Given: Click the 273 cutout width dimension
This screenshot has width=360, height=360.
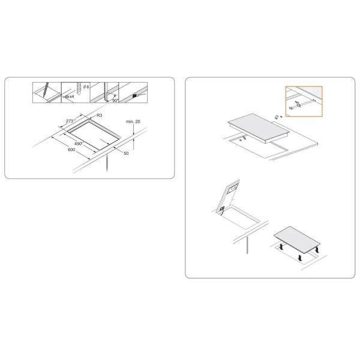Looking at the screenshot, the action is (x=70, y=121).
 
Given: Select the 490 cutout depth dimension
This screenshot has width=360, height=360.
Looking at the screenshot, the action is (x=78, y=144).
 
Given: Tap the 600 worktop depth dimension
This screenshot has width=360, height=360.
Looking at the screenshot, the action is (x=71, y=149).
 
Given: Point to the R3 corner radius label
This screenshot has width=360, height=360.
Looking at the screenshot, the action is (x=99, y=115).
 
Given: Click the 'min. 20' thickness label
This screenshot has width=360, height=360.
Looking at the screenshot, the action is (x=133, y=121).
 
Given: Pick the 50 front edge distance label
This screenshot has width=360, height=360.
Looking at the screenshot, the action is (x=126, y=154).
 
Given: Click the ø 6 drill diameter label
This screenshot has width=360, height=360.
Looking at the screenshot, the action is (x=86, y=87).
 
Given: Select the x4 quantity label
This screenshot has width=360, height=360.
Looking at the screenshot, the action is (x=71, y=97).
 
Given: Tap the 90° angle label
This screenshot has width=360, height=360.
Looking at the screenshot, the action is (x=115, y=101).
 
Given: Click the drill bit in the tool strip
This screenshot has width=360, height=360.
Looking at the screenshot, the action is (x=79, y=89).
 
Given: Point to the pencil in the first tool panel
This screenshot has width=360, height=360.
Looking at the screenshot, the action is (x=46, y=89).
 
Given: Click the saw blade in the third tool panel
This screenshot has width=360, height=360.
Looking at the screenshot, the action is (x=106, y=92).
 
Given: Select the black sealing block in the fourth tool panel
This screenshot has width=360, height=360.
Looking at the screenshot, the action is (x=135, y=95).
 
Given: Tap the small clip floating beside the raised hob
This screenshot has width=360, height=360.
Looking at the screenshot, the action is (x=277, y=116).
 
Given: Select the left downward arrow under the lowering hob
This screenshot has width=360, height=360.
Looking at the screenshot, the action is (x=281, y=247).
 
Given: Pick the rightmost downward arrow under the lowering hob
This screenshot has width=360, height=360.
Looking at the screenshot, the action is (x=317, y=250).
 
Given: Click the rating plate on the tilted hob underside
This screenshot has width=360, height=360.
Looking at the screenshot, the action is (x=232, y=189).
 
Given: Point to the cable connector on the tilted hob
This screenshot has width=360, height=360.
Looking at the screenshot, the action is (x=222, y=209).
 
